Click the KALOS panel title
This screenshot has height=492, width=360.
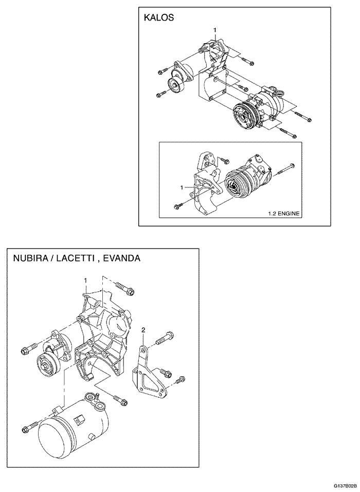[159, 17]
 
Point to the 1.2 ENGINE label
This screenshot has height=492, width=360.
[283, 214]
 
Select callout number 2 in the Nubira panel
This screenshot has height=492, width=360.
[143, 330]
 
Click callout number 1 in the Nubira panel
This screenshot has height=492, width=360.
[85, 279]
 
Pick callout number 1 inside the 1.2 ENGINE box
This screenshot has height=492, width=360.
[182, 188]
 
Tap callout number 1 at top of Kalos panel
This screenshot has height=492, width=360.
[215, 30]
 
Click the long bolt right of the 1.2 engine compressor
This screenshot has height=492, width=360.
[285, 169]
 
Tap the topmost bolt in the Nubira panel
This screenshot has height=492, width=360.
[125, 288]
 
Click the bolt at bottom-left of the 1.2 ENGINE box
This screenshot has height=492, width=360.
[181, 204]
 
